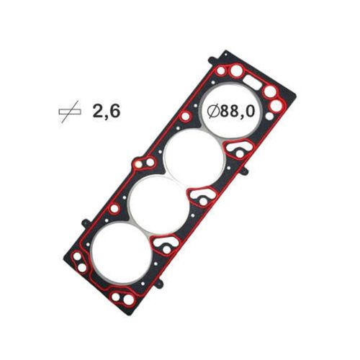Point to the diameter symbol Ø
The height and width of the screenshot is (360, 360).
point(214,112)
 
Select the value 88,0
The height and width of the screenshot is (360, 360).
point(241,112)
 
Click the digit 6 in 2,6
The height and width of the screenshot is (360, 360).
point(114,110)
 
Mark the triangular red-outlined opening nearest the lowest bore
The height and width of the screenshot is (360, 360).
point(167,247)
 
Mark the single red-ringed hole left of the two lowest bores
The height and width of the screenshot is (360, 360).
point(112,210)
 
